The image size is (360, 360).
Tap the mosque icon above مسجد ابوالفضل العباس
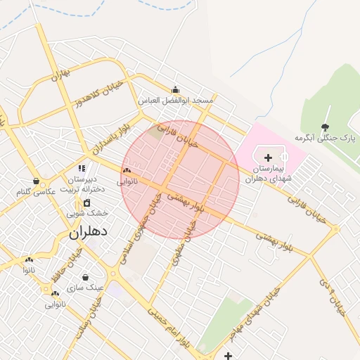tap(176, 89)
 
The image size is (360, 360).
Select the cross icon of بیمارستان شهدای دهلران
tap(268, 157)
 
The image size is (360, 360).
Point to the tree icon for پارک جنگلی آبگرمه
tap(325, 127)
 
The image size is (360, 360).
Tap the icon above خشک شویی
tap(87, 202)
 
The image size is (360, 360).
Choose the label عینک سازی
tap(85, 288)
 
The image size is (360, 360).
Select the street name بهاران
tap(62, 75)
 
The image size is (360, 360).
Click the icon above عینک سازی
tap(86, 278)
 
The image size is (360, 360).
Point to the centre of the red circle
tap(181, 179)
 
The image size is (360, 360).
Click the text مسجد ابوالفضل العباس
tap(176, 101)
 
